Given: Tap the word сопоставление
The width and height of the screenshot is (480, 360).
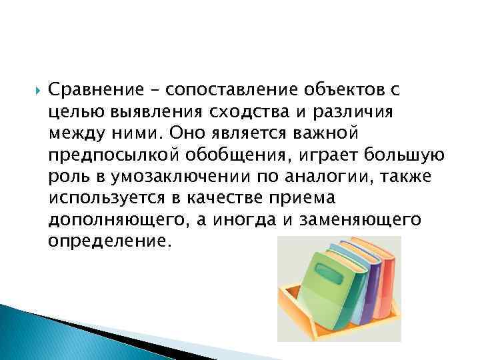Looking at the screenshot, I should pos(213,89).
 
